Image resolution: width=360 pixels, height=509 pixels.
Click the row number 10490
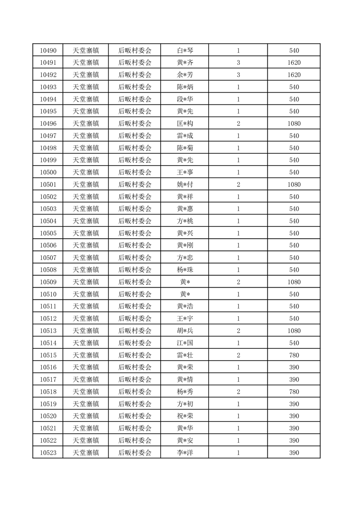(48, 50)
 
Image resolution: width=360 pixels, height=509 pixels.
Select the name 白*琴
(185, 50)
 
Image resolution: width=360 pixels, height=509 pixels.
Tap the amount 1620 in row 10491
(294, 63)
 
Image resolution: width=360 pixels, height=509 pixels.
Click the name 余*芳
(185, 75)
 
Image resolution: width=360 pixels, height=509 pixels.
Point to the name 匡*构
(185, 123)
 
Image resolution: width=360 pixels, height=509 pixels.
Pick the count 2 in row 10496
(238, 123)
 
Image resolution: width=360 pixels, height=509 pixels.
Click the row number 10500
(48, 172)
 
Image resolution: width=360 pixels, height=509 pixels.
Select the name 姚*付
(185, 185)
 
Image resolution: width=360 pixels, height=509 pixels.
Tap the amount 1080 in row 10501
(294, 185)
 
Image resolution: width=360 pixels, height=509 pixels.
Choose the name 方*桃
(185, 221)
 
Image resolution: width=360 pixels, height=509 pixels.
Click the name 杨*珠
(185, 270)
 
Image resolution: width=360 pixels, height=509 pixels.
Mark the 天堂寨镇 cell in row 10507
(86, 258)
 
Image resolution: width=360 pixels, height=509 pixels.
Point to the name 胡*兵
(185, 331)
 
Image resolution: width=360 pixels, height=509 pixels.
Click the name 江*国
(185, 343)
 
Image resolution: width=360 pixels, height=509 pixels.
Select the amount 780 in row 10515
(294, 355)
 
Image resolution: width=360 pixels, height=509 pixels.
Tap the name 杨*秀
(185, 392)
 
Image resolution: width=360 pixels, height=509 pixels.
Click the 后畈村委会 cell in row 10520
(135, 416)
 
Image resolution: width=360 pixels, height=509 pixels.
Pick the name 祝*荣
(185, 416)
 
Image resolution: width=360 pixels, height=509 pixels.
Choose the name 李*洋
(185, 453)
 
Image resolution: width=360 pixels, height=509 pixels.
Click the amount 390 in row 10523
(294, 453)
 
